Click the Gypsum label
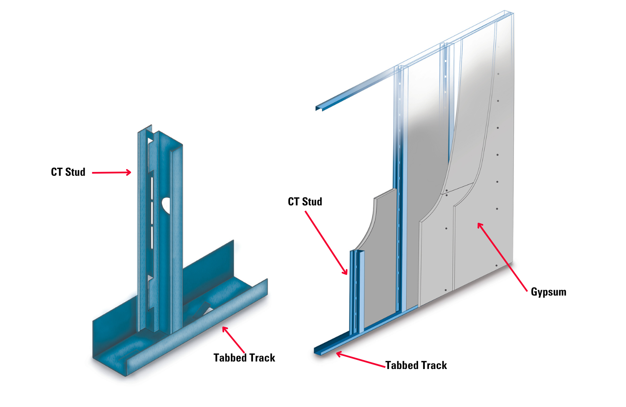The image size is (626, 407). coord(548,292)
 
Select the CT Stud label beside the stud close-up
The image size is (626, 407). coord(68,172)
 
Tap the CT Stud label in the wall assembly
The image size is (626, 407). coord(305,202)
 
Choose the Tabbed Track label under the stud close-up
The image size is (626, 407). coord(244,358)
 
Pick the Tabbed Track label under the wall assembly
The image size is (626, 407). coord(416,365)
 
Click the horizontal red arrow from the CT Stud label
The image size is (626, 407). coord(111,172)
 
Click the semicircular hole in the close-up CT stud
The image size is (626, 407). coord(166,204)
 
